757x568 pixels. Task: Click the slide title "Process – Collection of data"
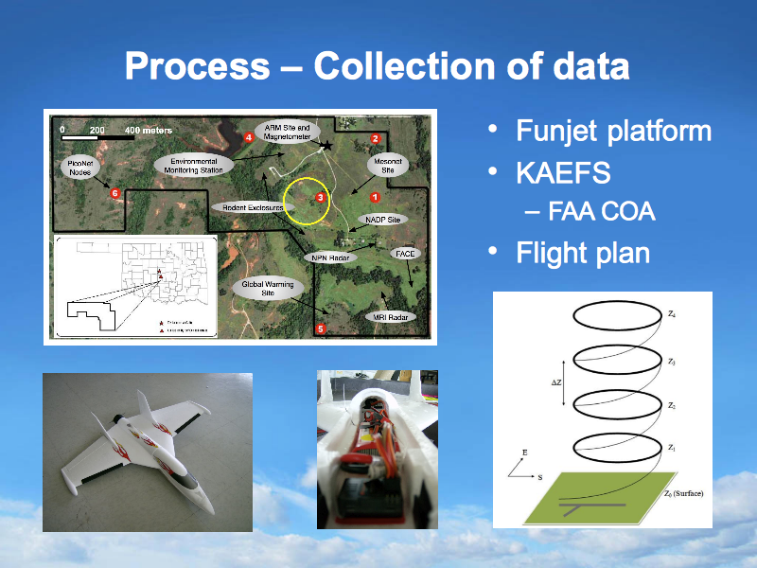(x=377, y=66)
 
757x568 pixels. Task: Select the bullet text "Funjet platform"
(x=613, y=130)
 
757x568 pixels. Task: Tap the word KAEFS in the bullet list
(x=563, y=172)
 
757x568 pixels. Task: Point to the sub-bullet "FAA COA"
(x=602, y=210)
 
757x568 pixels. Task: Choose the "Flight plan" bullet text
(x=583, y=253)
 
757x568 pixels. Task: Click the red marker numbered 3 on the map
(x=321, y=197)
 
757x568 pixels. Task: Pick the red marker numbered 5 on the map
(x=320, y=328)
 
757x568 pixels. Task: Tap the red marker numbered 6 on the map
(x=114, y=193)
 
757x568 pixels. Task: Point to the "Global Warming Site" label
(x=268, y=288)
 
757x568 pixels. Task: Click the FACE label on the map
(x=406, y=254)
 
